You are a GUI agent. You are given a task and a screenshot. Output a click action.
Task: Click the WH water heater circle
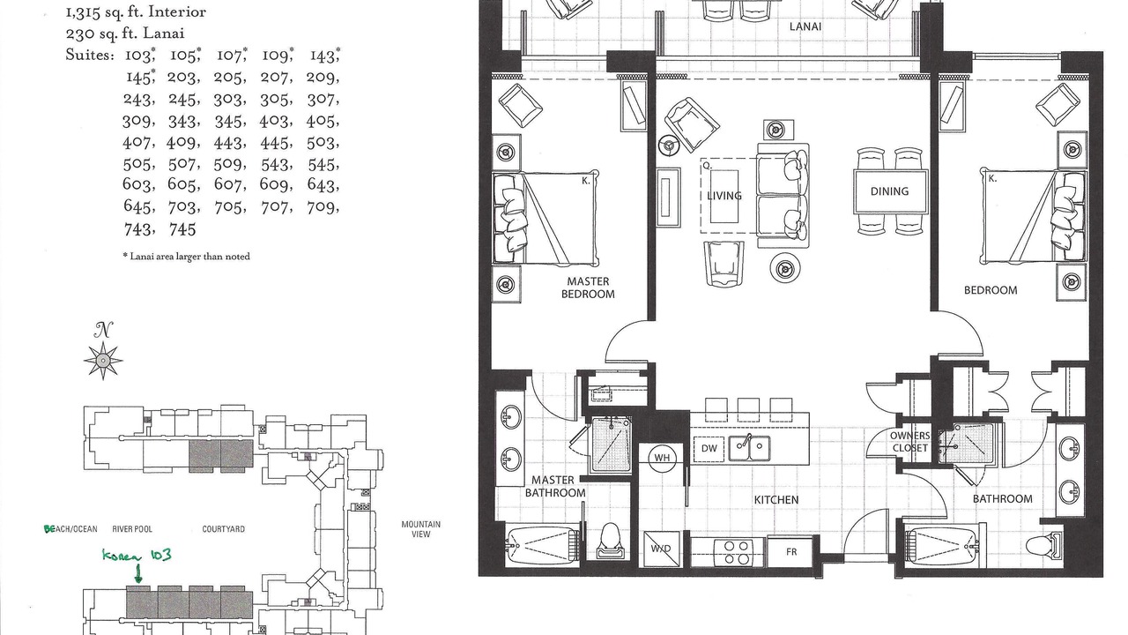[662, 458]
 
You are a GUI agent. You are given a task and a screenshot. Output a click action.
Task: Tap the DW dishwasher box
[709, 448]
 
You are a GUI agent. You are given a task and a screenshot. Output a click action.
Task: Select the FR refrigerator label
[791, 552]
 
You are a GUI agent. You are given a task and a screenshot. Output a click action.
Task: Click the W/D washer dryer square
[661, 549]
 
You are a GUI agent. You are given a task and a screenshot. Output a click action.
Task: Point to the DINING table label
[889, 191]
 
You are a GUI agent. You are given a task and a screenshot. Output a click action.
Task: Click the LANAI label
[805, 26]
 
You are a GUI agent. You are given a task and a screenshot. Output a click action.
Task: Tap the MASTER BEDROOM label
[588, 288]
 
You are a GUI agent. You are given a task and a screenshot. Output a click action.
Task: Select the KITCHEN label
[776, 500]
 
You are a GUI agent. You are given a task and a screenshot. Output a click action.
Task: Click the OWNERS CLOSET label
[910, 442]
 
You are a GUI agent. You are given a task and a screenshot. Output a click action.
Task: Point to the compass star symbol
[103, 360]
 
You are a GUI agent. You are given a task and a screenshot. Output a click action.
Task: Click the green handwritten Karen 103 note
[137, 556]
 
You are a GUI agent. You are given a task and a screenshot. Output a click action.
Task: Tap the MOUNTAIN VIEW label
[420, 529]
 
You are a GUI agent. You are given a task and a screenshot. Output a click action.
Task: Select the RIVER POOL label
[132, 529]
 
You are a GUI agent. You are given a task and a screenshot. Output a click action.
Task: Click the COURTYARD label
[224, 529]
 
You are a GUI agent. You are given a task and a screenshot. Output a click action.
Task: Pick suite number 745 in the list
[182, 230]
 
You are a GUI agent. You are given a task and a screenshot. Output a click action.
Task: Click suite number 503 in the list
[322, 143]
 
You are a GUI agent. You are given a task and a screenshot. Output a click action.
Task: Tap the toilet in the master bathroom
[610, 540]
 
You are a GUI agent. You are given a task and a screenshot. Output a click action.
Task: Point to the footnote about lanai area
[186, 257]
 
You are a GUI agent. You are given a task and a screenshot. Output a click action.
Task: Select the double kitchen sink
[749, 448]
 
